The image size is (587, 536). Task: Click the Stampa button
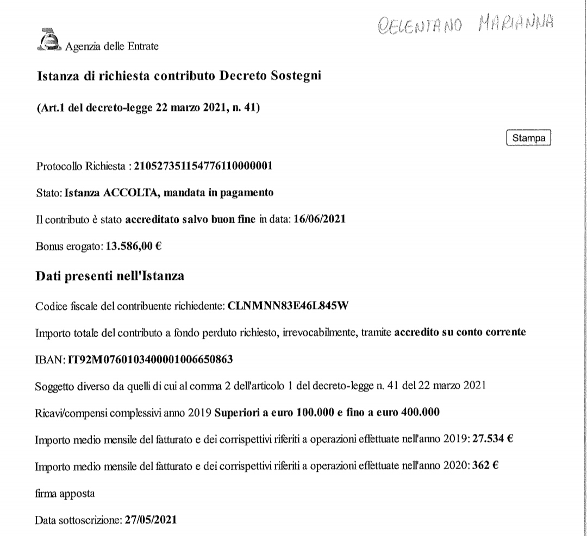pyautogui.click(x=528, y=138)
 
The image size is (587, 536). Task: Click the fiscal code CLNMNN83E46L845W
pyautogui.click(x=288, y=305)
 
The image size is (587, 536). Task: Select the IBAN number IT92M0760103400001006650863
pyautogui.click(x=149, y=359)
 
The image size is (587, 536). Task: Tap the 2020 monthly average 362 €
pyautogui.click(x=482, y=466)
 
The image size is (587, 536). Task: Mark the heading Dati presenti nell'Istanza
pyautogui.click(x=110, y=276)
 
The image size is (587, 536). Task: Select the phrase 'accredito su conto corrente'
pyautogui.click(x=459, y=332)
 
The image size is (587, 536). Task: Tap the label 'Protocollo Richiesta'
pyautogui.click(x=80, y=166)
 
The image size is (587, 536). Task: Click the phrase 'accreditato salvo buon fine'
pyautogui.click(x=190, y=219)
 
